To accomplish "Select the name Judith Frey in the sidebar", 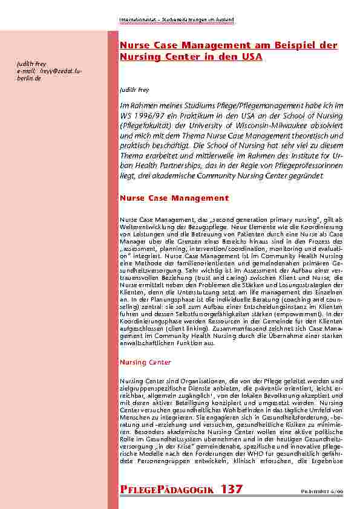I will click(30, 64).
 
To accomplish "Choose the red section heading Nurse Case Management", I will click(174, 198).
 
